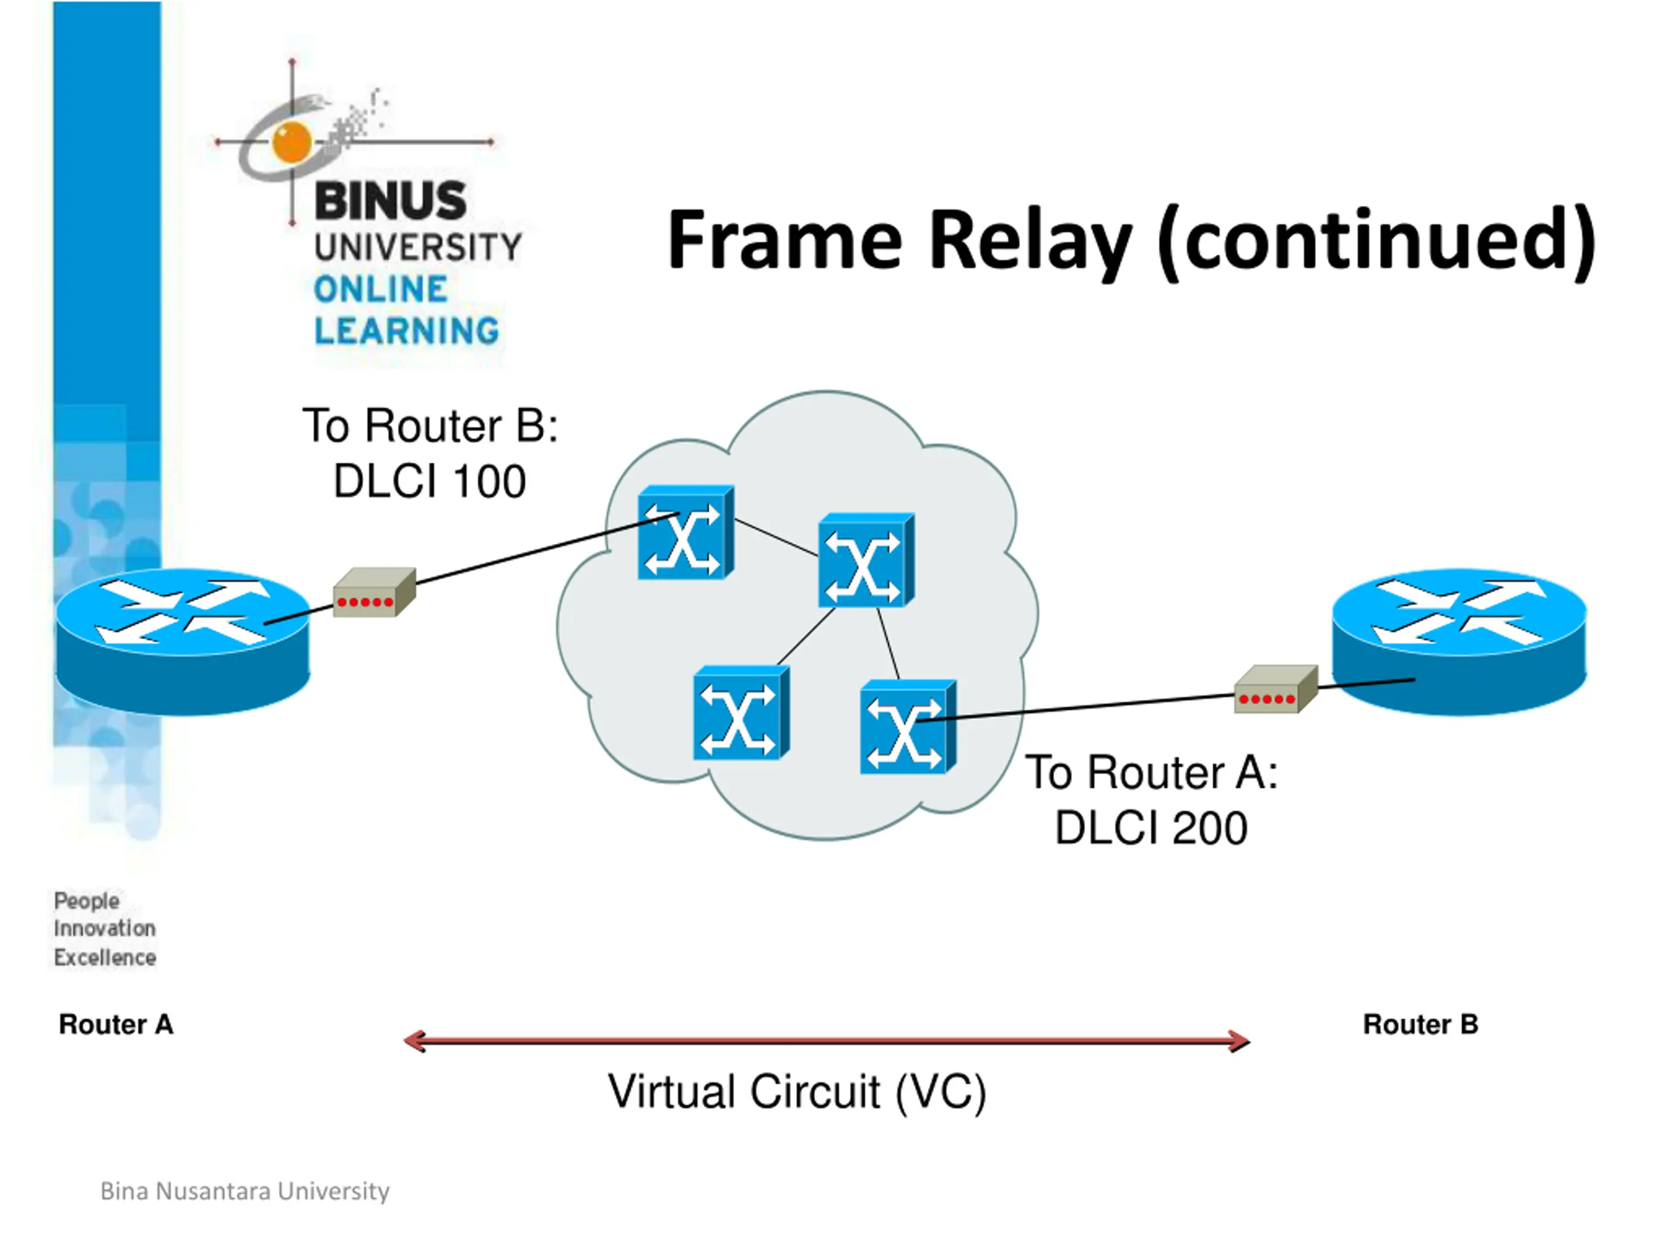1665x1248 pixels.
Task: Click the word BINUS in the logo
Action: tap(391, 201)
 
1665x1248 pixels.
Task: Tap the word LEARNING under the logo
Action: tap(406, 331)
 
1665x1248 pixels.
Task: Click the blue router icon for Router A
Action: tap(183, 642)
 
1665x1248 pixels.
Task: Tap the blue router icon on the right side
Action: tap(1459, 642)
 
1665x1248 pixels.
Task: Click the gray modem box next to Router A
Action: tap(375, 592)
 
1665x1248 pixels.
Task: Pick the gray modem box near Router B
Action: tap(1277, 689)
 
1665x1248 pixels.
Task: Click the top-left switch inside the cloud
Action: tap(686, 532)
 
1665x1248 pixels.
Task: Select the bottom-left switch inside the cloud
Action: tap(741, 713)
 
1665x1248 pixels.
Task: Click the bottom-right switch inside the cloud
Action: tap(909, 727)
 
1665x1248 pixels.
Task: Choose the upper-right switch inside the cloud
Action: tap(866, 560)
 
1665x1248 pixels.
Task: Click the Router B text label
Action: tap(1420, 1024)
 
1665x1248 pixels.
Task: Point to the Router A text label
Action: tap(116, 1024)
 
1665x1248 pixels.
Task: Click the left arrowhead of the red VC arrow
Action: tap(414, 1041)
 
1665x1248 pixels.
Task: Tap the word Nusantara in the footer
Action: tap(214, 1191)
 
